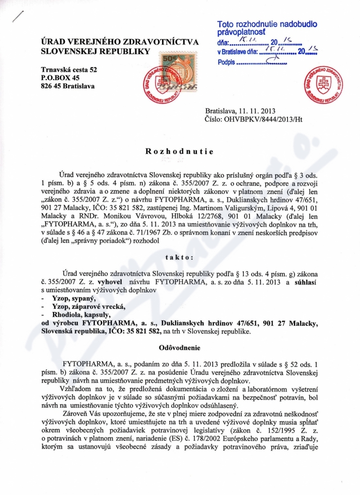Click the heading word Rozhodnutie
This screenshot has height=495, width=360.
tap(180, 151)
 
